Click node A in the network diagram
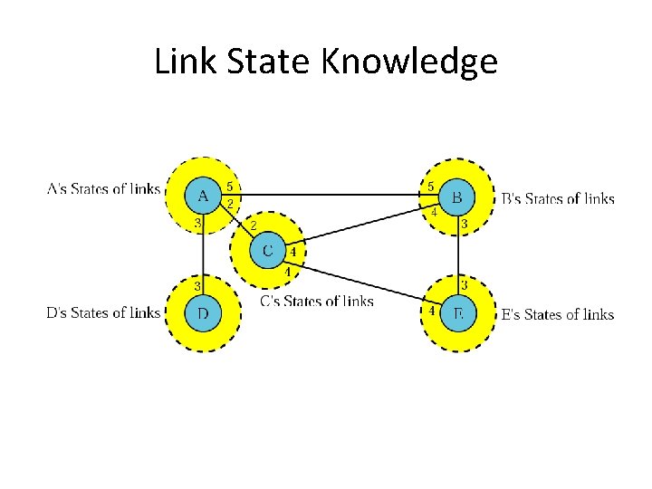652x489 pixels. pos(203,195)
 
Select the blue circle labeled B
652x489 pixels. pos(457,196)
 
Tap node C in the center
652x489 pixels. pos(267,249)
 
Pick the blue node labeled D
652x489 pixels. pos(203,313)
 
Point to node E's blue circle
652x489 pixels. pos(458,313)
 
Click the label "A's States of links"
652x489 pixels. pos(103,189)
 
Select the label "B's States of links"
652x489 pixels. pos(557,199)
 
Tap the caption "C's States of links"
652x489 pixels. pos(316,301)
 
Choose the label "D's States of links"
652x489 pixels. pos(103,313)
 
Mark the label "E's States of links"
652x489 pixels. pos(557,314)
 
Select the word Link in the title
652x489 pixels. pos(181,62)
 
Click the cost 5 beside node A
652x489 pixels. pos(231,187)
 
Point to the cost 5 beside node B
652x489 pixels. pos(430,187)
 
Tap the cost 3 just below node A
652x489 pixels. pos(197,223)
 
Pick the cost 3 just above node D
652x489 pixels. pos(197,286)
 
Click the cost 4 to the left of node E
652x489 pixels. pos(432,311)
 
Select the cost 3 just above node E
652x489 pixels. pos(464,285)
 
